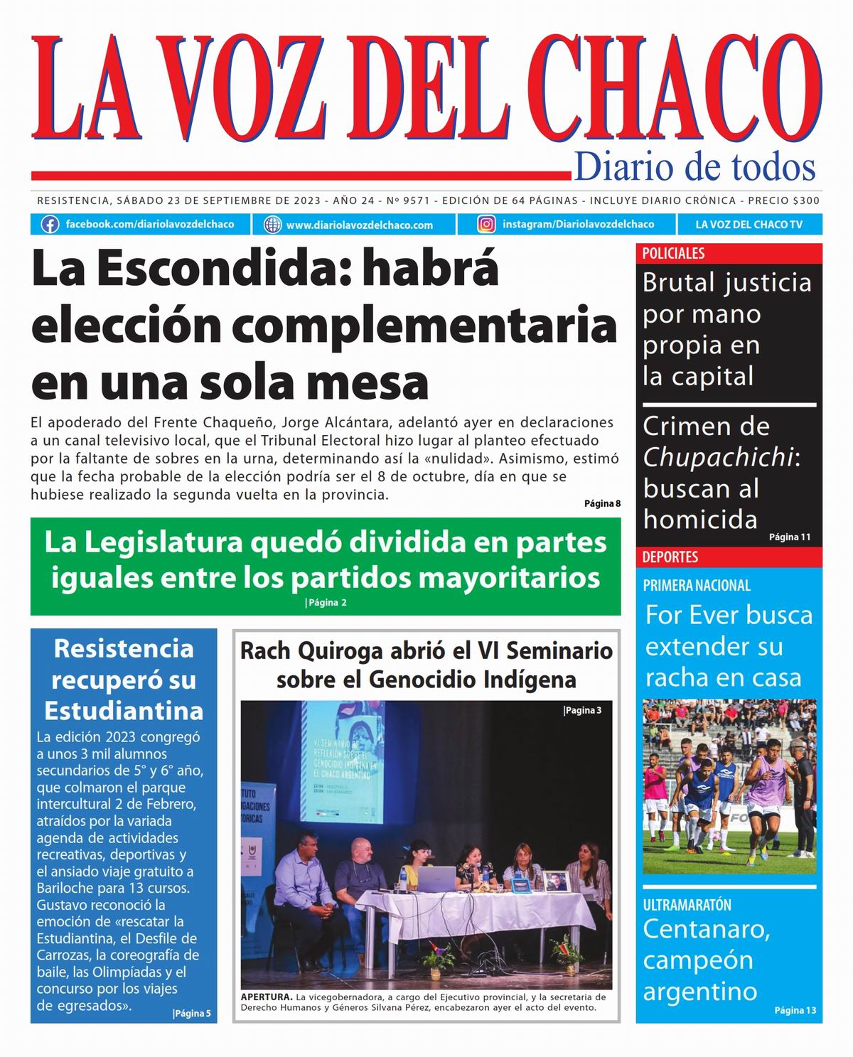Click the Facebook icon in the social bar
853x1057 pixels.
click(x=50, y=225)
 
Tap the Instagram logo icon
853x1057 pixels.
click(x=486, y=225)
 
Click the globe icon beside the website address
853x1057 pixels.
click(x=272, y=225)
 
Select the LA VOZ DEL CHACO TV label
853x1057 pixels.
click(x=749, y=225)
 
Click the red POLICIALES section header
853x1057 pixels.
click(x=673, y=254)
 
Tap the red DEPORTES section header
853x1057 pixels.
click(x=670, y=557)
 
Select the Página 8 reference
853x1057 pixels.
click(x=602, y=504)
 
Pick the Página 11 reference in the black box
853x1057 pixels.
click(x=789, y=537)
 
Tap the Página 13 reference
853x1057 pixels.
click(x=795, y=1011)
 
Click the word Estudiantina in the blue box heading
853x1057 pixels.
click(x=124, y=711)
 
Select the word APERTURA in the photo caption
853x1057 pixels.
click(x=266, y=997)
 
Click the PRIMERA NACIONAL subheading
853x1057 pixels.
click(x=697, y=586)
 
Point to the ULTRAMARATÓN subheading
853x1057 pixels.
click(x=687, y=905)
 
